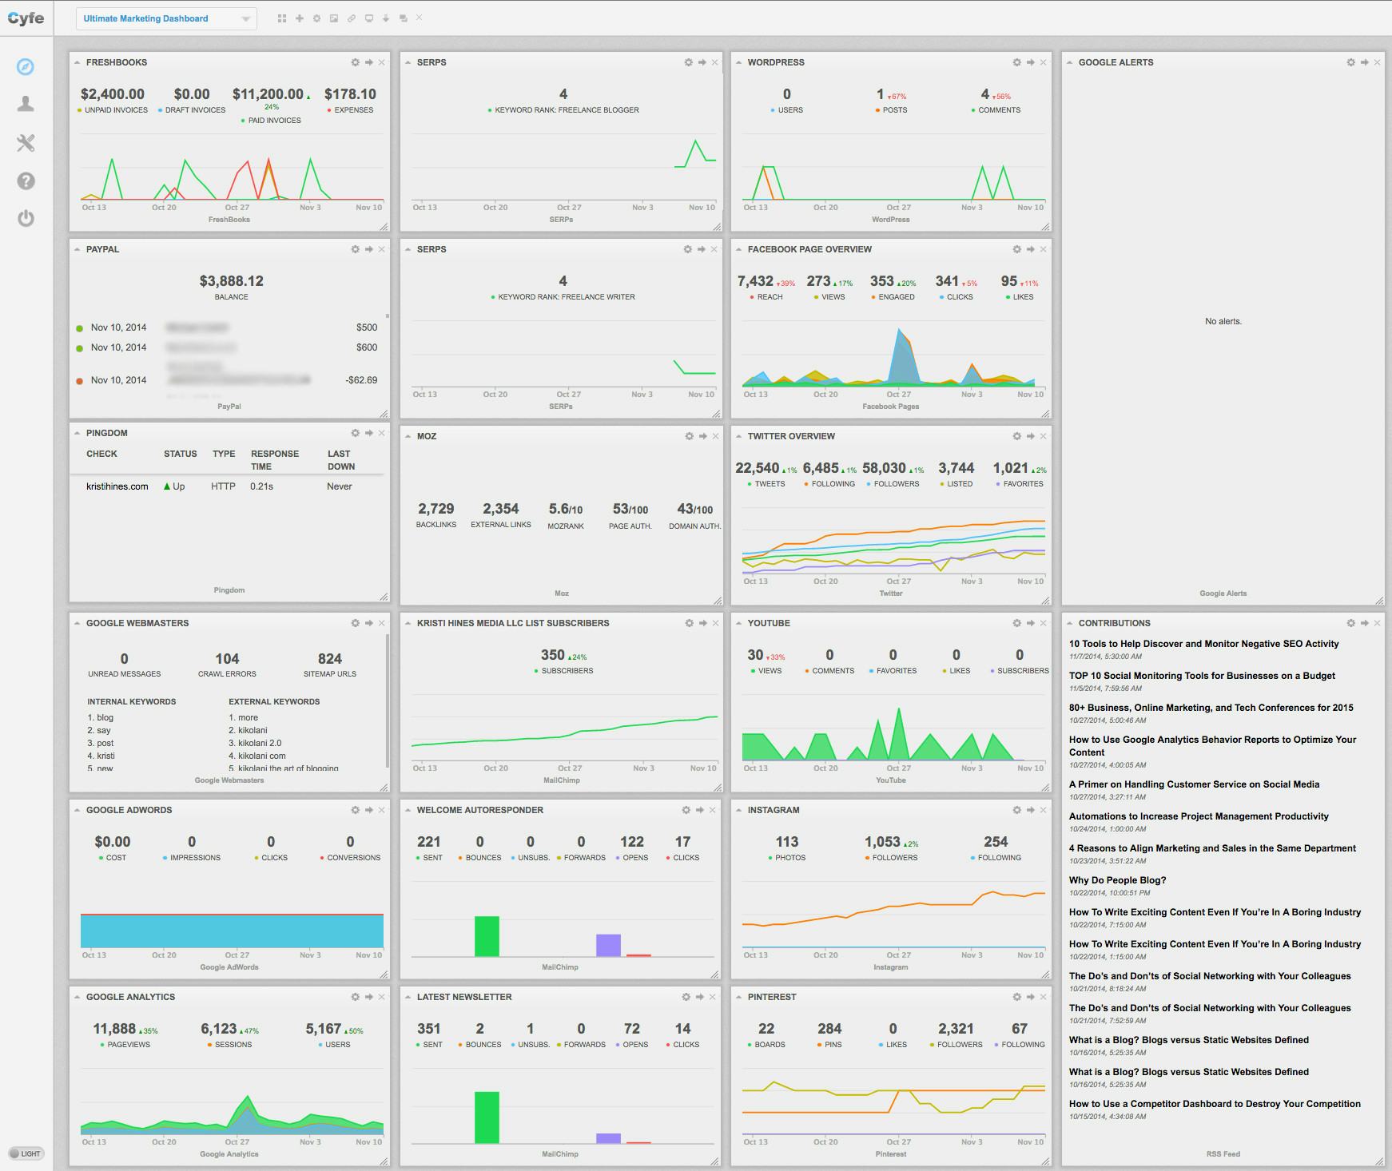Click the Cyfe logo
click(x=26, y=18)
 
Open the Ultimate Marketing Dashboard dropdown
click(x=166, y=18)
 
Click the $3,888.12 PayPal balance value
click(x=231, y=281)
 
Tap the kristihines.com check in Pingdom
click(x=117, y=486)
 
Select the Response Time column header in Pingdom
click(x=274, y=459)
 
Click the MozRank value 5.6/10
click(x=565, y=509)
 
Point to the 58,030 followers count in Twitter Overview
click(x=884, y=468)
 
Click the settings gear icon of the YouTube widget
click(x=1016, y=623)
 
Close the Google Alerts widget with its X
click(x=1377, y=62)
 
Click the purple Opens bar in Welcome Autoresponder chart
click(x=608, y=945)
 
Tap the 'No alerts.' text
click(x=1223, y=321)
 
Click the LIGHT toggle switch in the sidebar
click(x=26, y=1153)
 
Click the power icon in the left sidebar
click(x=26, y=218)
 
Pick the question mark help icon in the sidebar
click(x=26, y=181)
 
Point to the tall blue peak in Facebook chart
click(x=901, y=343)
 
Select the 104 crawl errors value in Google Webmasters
click(x=227, y=659)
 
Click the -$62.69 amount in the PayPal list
click(x=361, y=380)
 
